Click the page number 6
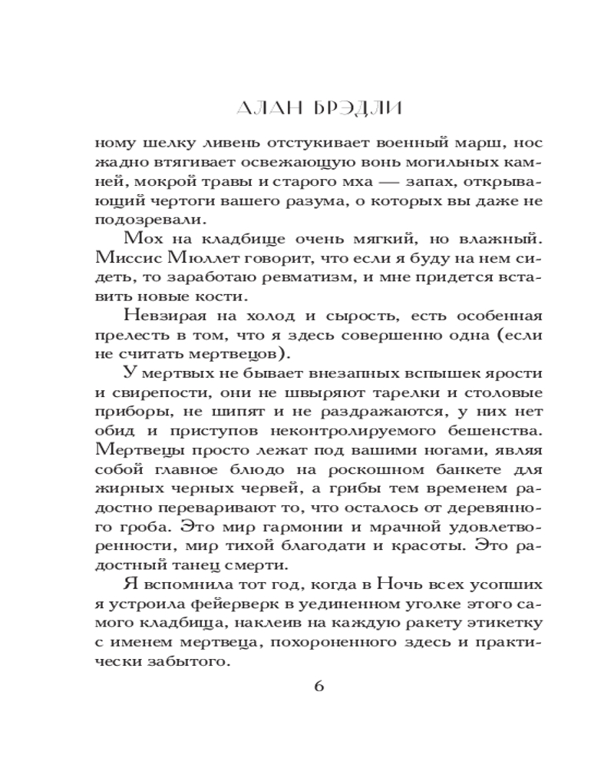[319, 686]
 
